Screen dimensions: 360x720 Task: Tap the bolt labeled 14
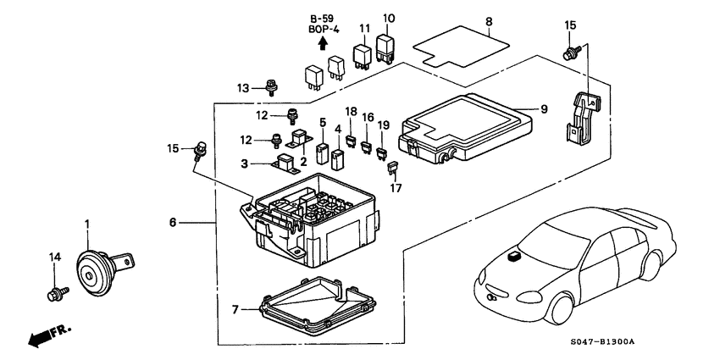tap(54, 294)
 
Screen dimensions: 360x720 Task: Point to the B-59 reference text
tap(322, 19)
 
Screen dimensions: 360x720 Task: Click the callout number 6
tap(174, 223)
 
